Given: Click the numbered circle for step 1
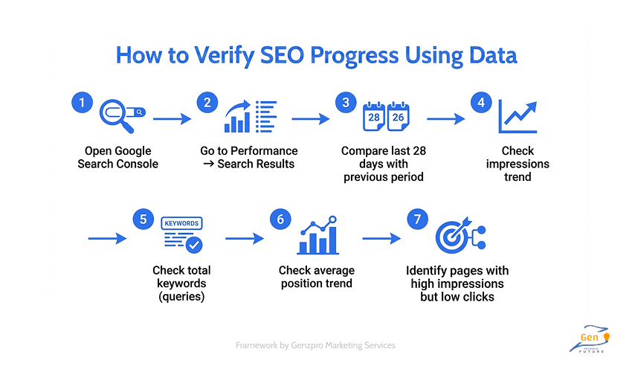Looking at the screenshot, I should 81,103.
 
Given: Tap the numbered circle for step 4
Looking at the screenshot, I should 481,103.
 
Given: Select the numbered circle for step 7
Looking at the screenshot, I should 417,219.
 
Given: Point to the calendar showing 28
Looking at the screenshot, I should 373,117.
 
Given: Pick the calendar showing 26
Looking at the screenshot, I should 398,117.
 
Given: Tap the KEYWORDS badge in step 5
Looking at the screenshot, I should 181,223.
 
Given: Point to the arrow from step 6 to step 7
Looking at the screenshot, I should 381,239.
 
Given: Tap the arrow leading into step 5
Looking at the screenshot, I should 107,239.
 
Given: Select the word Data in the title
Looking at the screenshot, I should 486,56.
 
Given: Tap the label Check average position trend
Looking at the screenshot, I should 317,276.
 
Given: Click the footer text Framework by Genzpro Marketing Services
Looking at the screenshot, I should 315,345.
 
